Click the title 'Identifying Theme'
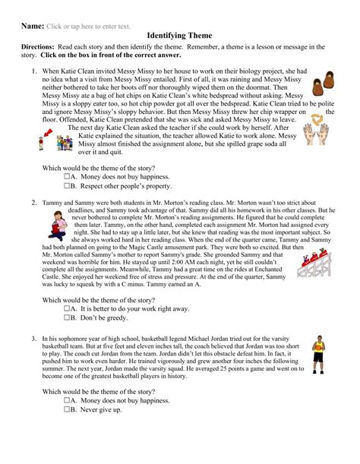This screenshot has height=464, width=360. (x=180, y=36)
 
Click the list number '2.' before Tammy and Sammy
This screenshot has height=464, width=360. (x=34, y=182)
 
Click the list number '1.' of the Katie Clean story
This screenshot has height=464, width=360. (x=34, y=72)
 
